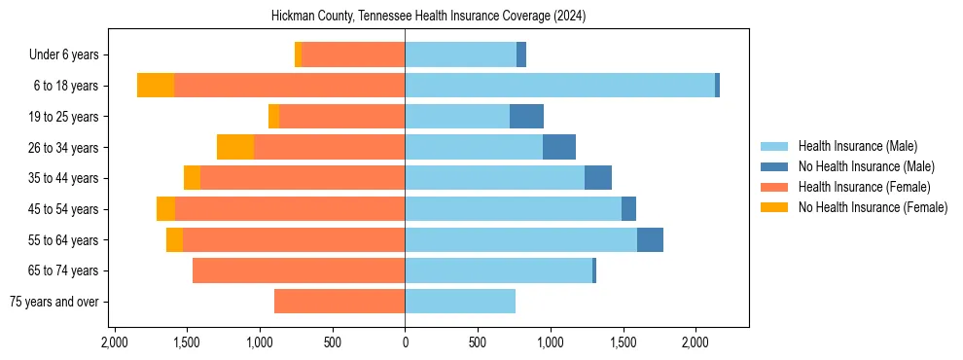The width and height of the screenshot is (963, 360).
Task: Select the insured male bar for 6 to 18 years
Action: (559, 86)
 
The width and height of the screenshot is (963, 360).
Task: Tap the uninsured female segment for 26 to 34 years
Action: (235, 147)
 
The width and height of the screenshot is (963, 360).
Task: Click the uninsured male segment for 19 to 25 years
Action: (526, 117)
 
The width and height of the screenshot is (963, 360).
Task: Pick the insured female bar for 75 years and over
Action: (339, 302)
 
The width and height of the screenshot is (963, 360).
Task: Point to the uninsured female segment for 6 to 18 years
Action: (156, 86)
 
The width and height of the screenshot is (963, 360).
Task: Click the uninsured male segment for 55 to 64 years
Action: (650, 239)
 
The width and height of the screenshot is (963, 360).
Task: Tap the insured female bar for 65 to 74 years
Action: (299, 270)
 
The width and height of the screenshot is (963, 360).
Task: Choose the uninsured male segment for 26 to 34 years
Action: (559, 147)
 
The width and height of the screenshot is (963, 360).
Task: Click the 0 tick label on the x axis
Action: (405, 342)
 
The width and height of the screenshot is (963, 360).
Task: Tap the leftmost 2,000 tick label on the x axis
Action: (115, 342)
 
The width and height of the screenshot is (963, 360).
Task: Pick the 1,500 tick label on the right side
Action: (623, 342)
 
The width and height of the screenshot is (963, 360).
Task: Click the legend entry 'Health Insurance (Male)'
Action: (857, 146)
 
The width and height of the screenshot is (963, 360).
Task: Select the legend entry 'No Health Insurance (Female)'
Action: (873, 207)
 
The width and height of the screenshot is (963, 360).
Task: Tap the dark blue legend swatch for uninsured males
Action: (774, 166)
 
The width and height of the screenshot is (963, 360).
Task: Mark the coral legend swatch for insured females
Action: (774, 187)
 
